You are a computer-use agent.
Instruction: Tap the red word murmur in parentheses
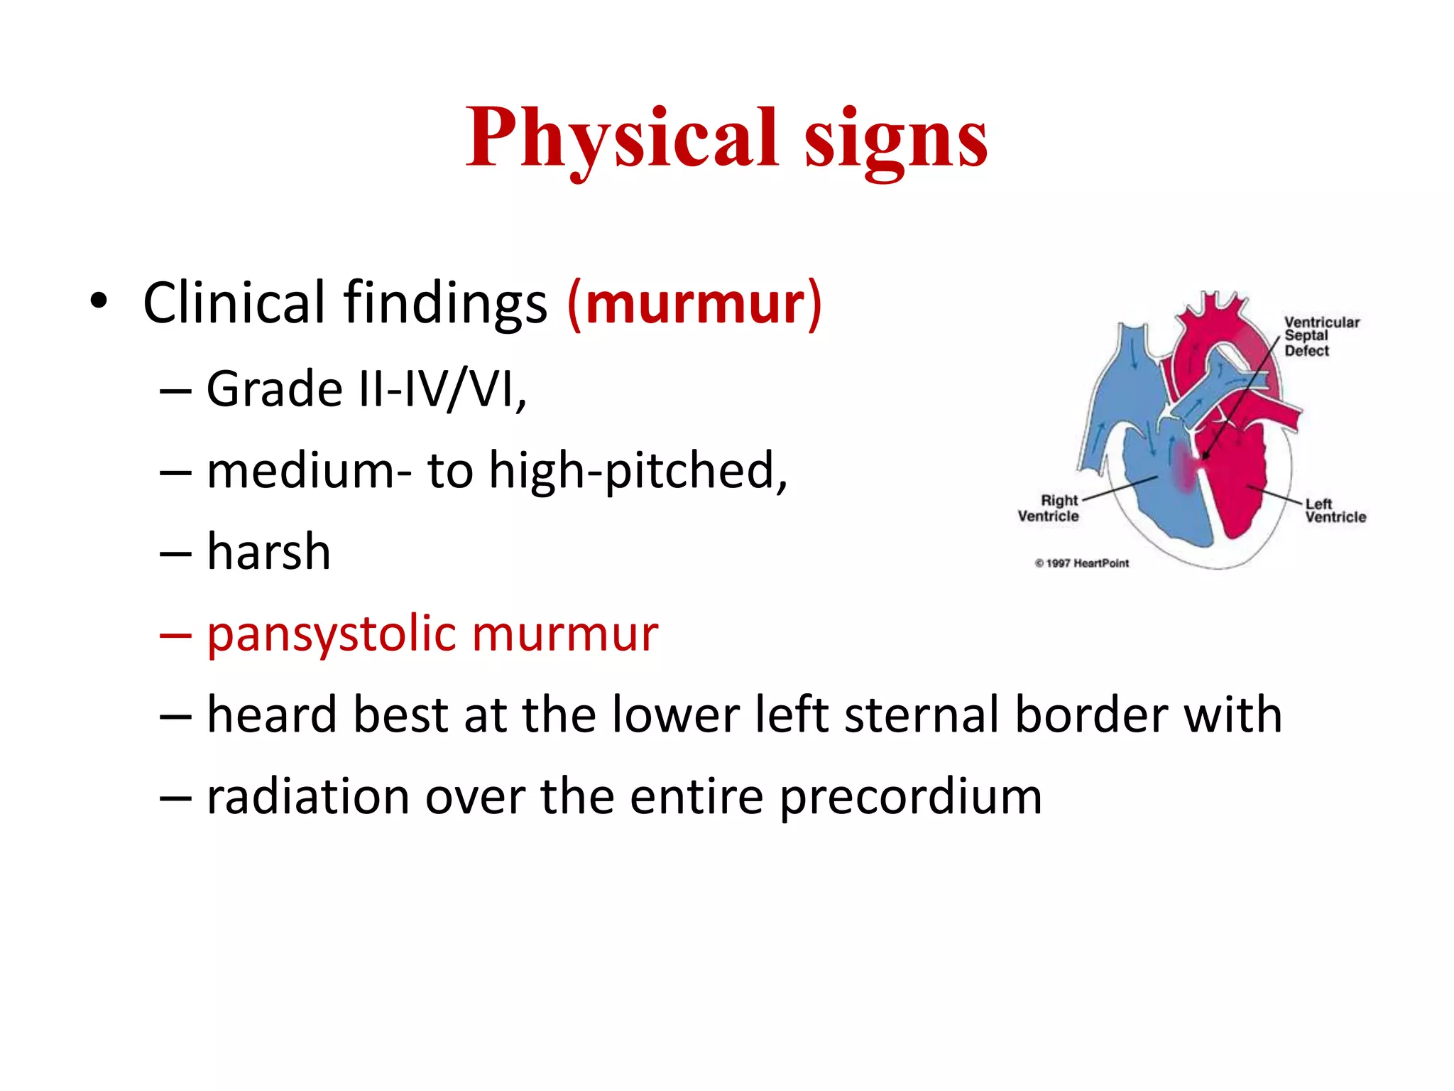point(695,304)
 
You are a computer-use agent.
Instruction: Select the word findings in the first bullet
point(445,304)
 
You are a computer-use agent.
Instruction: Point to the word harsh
point(268,552)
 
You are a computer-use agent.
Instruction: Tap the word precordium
point(911,796)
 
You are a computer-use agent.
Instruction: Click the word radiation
point(307,796)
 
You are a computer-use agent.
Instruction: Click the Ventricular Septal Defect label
point(1321,336)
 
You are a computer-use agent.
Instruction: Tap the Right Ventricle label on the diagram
point(1049,509)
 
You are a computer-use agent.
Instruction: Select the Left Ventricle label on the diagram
point(1334,511)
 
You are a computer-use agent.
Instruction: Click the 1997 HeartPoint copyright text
point(1082,563)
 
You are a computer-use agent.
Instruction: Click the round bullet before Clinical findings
point(99,301)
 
